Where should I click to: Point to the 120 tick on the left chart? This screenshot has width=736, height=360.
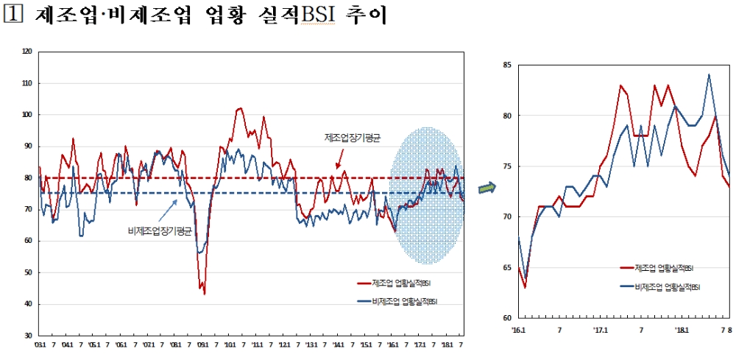[28, 52]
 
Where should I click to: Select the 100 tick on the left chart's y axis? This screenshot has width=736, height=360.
[28, 115]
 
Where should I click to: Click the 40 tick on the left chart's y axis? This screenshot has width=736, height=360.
[28, 304]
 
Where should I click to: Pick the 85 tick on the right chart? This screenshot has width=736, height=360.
[507, 66]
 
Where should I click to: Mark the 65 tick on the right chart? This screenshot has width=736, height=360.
[507, 268]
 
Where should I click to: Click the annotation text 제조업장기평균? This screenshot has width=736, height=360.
[353, 138]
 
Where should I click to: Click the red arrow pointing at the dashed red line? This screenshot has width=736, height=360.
[339, 163]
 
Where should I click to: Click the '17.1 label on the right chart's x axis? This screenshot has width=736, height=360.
[601, 330]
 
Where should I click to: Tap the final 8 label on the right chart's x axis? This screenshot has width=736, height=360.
[729, 330]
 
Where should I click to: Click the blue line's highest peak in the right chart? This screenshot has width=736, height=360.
[709, 74]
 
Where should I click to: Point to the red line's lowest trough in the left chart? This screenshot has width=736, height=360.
[204, 294]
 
